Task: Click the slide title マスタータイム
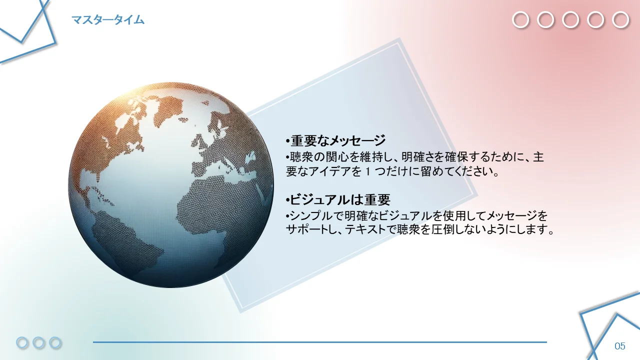(x=108, y=20)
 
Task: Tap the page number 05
(x=620, y=346)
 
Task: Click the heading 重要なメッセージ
(x=338, y=140)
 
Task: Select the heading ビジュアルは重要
(x=340, y=199)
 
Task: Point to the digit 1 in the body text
(x=368, y=171)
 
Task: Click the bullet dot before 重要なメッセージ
(x=287, y=141)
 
